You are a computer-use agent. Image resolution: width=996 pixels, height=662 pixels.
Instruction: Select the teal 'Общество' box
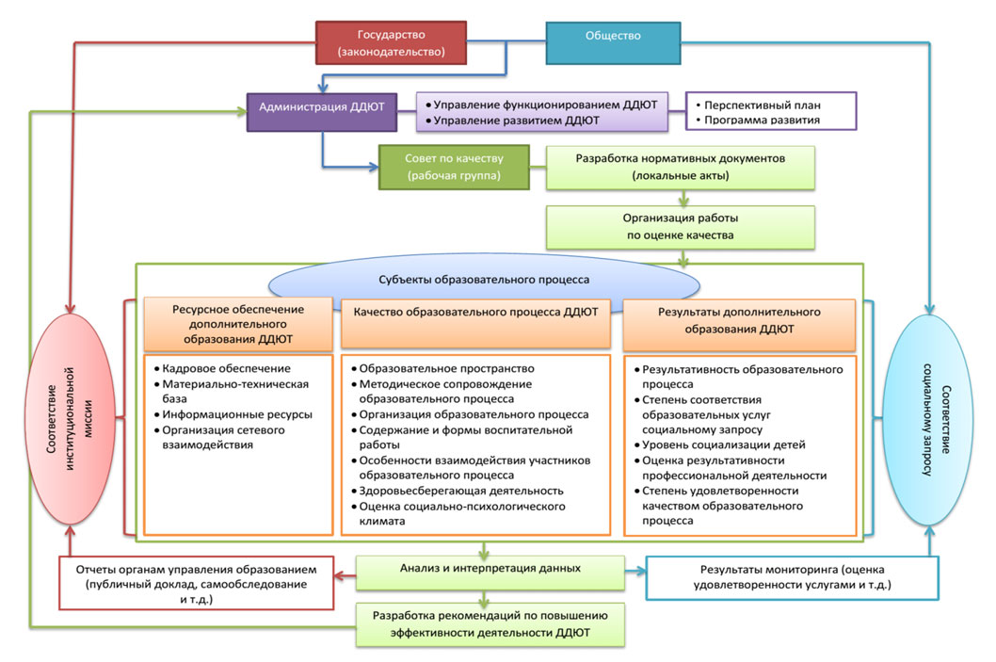coord(613,37)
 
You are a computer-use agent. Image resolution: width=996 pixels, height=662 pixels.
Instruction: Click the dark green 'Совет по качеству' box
coord(453,167)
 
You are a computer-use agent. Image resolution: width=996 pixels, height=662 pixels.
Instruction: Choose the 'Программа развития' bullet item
coord(756,121)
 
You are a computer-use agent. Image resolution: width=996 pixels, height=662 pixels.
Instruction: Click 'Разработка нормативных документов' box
coord(680,167)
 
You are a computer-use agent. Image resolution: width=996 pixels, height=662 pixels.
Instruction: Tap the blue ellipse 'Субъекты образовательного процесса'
coord(484,280)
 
